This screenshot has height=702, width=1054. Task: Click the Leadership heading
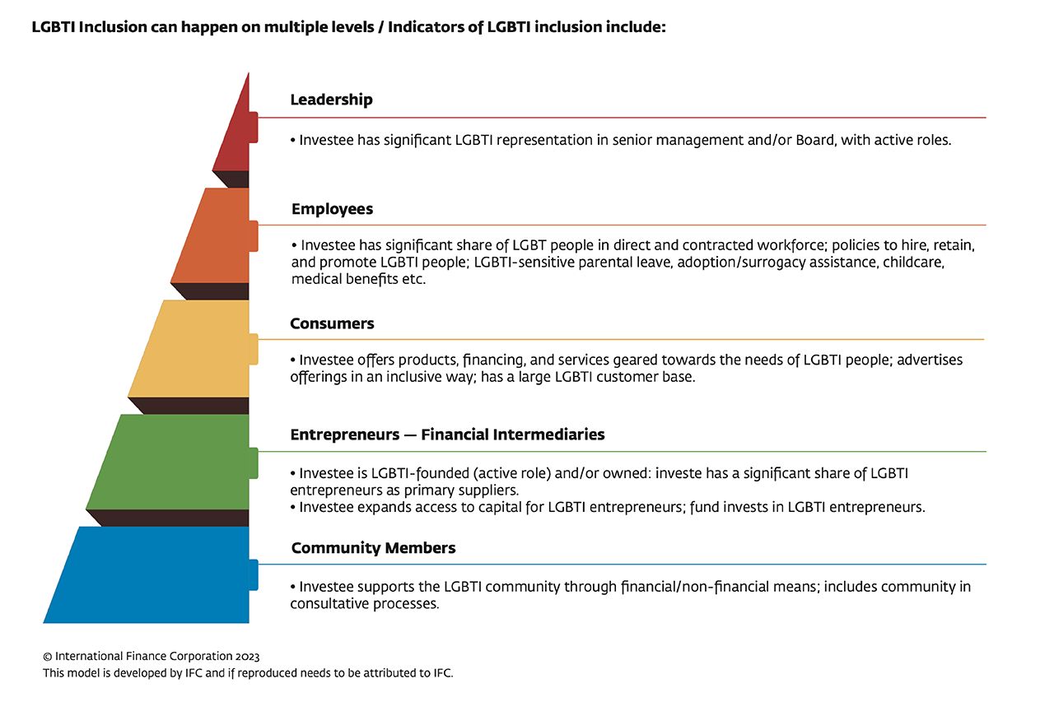click(331, 100)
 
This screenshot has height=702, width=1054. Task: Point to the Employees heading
click(332, 209)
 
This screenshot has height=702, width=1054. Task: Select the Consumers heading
click(332, 323)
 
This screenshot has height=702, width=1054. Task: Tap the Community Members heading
click(373, 548)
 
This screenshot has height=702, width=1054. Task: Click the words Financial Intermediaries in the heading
click(512, 435)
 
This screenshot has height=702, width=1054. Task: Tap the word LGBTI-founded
click(415, 473)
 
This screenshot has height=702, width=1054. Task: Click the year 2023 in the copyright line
click(245, 657)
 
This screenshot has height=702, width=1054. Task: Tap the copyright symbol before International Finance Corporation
click(48, 657)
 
